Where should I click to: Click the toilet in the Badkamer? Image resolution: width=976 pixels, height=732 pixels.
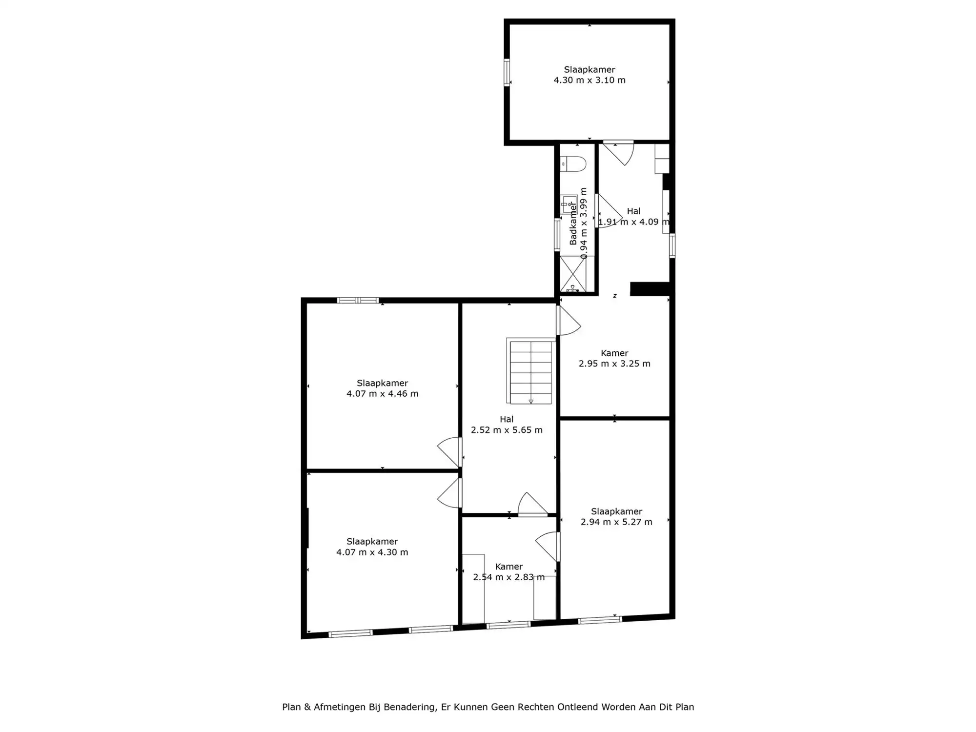pos(573,164)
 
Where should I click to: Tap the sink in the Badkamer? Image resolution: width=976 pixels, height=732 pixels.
pos(569,204)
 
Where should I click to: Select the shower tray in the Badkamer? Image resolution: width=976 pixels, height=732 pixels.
pos(573,274)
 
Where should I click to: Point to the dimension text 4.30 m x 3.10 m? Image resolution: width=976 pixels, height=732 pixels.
pos(590,80)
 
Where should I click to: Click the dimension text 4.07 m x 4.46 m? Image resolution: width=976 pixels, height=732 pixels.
pos(383,394)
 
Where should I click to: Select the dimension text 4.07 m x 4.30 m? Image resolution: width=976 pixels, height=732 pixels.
pos(372,552)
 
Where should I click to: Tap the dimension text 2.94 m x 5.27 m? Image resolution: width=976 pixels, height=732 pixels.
pos(616,522)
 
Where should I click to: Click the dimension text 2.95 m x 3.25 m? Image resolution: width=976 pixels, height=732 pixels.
pos(614,364)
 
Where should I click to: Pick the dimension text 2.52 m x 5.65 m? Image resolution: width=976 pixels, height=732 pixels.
pos(507,430)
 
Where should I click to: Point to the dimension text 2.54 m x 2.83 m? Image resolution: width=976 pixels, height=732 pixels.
pos(509,577)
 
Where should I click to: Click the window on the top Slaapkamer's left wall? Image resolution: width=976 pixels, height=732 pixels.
pos(507,73)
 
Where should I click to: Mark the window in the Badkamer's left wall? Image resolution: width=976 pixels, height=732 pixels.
pos(557,235)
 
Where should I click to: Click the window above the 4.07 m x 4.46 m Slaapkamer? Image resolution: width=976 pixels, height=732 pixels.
pos(358,300)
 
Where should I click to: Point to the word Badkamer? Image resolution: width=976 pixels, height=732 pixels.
pos(573,224)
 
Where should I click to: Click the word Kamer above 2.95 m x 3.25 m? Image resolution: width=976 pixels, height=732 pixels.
pos(614,353)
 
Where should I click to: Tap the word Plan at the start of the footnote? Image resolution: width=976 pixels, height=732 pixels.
pos(291,707)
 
